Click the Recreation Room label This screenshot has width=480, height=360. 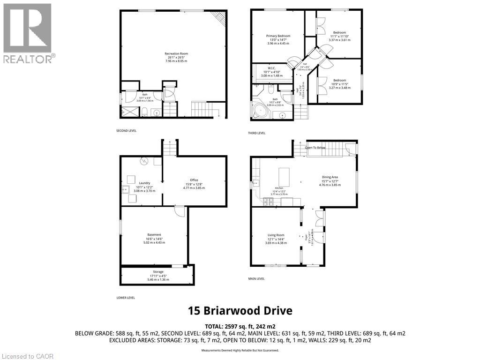coord(176,54)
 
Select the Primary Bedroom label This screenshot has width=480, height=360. coord(278,36)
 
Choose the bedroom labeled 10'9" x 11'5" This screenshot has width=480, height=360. coord(340,80)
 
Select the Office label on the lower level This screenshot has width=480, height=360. coord(194,180)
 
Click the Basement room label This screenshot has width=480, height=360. coord(154,235)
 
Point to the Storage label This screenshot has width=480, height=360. coord(157,272)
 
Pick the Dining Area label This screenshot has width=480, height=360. coord(330,177)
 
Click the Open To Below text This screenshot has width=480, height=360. coord(315,148)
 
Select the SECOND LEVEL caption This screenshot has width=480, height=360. coord(127,131)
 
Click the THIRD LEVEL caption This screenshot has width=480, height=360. coord(257,133)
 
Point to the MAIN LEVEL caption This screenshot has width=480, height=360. coord(256,278)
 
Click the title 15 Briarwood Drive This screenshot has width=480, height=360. coord(240,311)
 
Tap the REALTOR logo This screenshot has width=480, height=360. coord(28,33)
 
